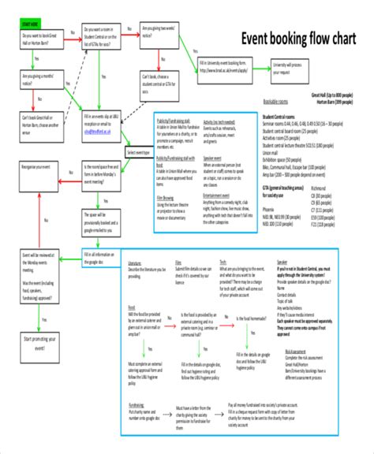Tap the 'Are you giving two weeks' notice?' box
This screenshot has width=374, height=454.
coord(157,35)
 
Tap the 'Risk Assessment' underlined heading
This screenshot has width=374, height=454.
coord(296,352)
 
